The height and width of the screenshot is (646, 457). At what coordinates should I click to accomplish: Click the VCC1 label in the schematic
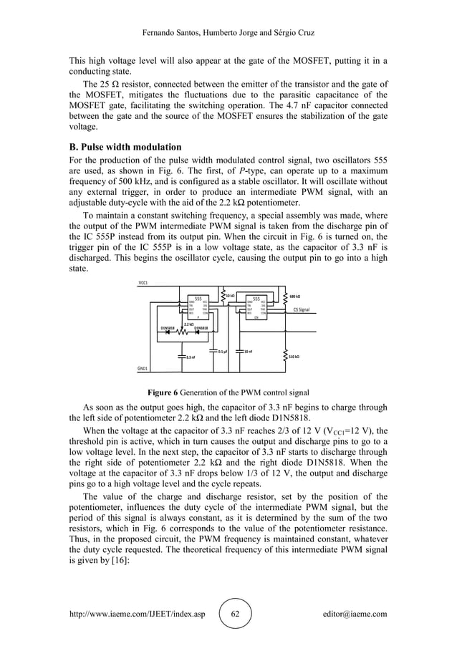(x=143, y=282)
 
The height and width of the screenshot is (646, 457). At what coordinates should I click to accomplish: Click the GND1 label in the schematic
(x=143, y=369)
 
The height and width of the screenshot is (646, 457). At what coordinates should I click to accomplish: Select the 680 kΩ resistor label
(x=294, y=296)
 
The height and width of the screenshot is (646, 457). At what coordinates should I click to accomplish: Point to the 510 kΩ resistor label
(x=294, y=356)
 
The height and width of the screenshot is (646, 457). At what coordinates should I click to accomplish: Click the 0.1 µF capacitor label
(x=223, y=352)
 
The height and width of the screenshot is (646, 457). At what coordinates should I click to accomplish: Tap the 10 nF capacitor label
(x=247, y=352)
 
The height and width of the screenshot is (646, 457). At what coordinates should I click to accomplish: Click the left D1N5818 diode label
(x=167, y=328)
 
